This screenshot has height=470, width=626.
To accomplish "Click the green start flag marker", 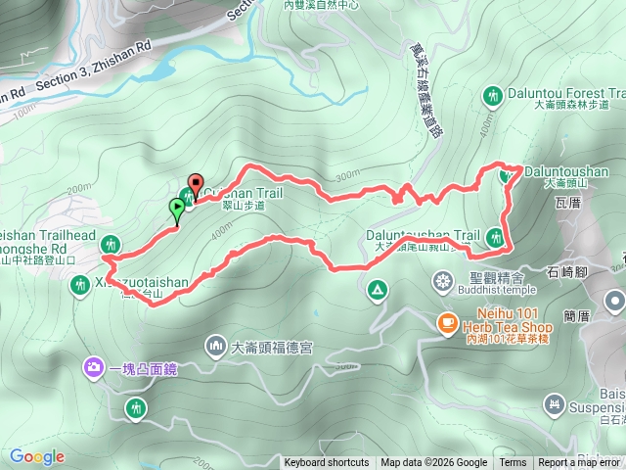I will point(177,208).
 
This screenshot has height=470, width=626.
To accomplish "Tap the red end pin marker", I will point(195,184).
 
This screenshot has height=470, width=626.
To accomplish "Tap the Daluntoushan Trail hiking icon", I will point(496,236).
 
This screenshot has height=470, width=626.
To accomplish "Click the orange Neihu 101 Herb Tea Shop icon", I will point(447,321).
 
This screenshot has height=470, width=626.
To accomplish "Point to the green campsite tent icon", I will point(376,290).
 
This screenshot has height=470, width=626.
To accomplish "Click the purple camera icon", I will point(93,367).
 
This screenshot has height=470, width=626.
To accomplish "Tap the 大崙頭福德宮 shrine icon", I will point(215,347).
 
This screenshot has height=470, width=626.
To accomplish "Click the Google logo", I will point(37,456).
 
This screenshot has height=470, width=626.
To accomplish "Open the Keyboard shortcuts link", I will point(327,463).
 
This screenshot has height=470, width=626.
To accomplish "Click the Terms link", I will point(513,463).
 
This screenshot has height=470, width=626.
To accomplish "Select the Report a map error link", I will point(579,463).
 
